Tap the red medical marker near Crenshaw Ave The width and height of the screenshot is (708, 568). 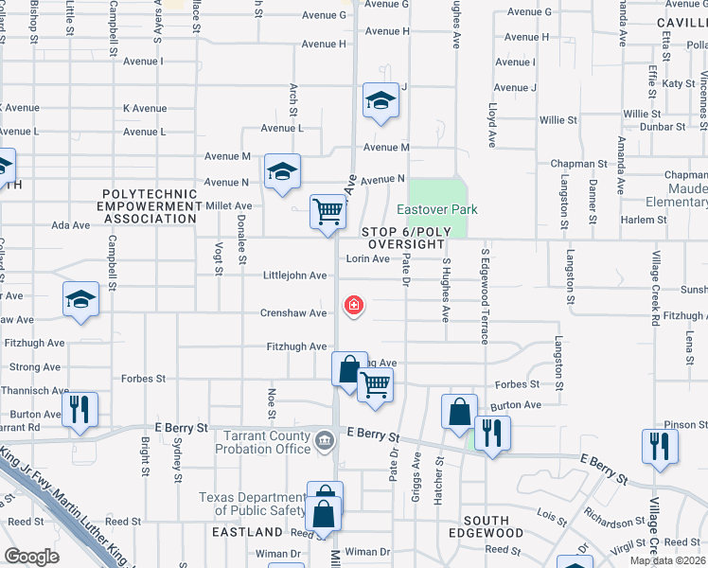[354, 305]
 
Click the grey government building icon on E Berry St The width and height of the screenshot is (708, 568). [324, 440]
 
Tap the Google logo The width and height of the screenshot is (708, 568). [31, 557]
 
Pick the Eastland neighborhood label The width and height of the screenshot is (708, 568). [247, 532]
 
